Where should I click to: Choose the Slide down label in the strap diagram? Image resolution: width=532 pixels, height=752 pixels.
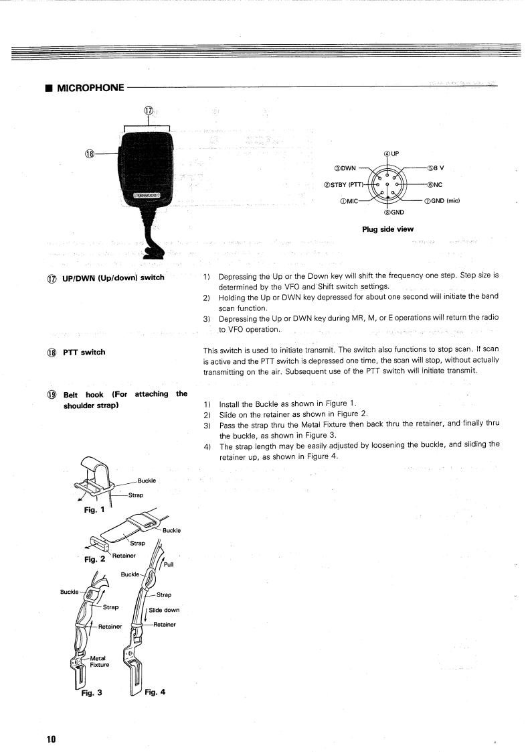click(x=164, y=610)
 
